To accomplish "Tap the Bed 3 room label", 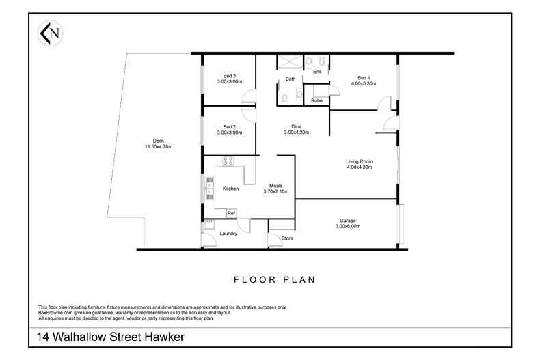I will tap(230, 76).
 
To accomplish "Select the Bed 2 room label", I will tap(230, 126).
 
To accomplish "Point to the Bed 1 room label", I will tap(363, 78).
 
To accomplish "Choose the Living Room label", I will tap(359, 161).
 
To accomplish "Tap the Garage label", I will tap(348, 221).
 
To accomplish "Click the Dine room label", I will tap(296, 126).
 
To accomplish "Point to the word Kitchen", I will tap(231, 189).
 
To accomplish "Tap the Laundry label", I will tap(228, 234).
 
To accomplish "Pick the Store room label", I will tap(287, 238).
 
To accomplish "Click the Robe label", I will tap(316, 100).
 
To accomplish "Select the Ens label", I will tap(316, 71).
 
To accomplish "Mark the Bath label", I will tap(291, 79).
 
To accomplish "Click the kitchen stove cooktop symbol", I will tap(228, 162).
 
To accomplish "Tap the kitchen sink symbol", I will tap(209, 187).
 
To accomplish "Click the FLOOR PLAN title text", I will tap(273, 279).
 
